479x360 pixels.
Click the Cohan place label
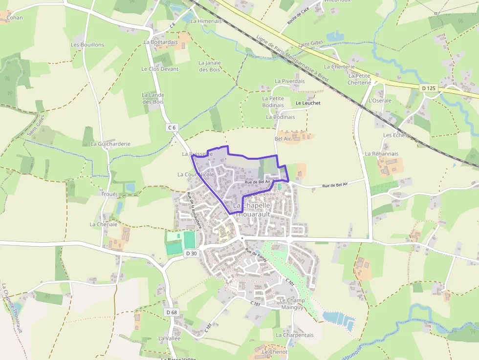click(15, 18)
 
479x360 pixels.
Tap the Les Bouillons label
click(87, 44)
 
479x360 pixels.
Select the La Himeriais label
click(206, 21)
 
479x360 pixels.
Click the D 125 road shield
click(428, 88)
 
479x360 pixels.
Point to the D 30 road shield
click(192, 253)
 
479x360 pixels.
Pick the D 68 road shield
click(171, 312)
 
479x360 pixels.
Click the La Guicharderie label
click(110, 144)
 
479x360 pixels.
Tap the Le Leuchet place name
click(308, 103)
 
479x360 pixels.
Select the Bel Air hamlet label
click(283, 139)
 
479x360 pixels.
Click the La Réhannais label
click(381, 153)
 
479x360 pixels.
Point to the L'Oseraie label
click(380, 100)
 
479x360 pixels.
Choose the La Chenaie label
click(103, 224)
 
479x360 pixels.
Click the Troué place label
click(109, 194)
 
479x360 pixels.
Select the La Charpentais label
click(294, 335)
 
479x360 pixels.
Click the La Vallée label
click(169, 338)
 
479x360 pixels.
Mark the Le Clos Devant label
click(160, 69)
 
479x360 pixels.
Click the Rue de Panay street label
click(256, 256)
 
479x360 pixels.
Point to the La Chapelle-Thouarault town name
click(252, 210)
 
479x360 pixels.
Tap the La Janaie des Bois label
click(209, 66)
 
